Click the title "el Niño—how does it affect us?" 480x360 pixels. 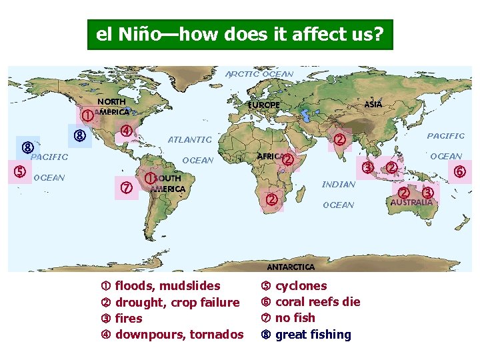[x=240, y=34]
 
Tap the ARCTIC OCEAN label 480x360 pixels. [x=259, y=73]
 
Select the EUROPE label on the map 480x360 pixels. [x=264, y=105]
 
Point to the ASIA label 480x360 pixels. [x=373, y=104]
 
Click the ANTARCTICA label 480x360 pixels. [x=291, y=267]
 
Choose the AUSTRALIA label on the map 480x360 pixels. [x=411, y=201]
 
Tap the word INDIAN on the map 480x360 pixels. [x=339, y=184]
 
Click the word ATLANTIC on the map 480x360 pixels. [x=189, y=139]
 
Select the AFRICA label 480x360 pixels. [x=270, y=155]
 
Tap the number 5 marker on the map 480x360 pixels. [x=21, y=171]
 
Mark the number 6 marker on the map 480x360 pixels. [x=459, y=171]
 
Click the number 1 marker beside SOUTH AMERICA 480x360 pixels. [x=151, y=178]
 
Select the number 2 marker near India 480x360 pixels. [x=340, y=139]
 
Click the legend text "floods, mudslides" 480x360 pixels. [x=167, y=286]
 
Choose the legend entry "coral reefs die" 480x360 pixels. [x=317, y=302]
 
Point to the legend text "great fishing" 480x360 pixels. [x=313, y=335]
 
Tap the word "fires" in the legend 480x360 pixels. [x=129, y=319]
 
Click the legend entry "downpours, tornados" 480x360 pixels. [x=179, y=335]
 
